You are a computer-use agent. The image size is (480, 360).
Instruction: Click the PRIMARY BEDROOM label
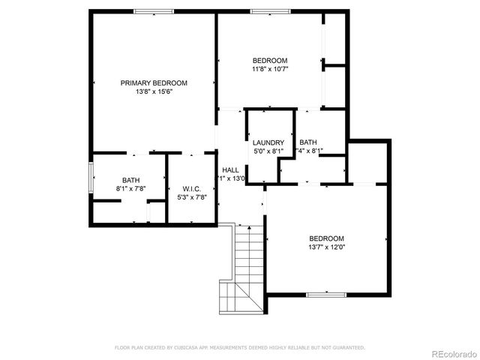pyautogui.click(x=154, y=82)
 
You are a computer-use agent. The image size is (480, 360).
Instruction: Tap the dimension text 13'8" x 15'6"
pyautogui.click(x=154, y=92)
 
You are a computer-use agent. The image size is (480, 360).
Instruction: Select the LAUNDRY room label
pyautogui.click(x=268, y=142)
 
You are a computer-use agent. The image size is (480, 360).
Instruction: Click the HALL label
pyautogui.click(x=230, y=170)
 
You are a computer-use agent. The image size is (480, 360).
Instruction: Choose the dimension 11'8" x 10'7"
pyautogui.click(x=270, y=70)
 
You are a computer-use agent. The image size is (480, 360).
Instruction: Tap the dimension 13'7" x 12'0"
pyautogui.click(x=326, y=247)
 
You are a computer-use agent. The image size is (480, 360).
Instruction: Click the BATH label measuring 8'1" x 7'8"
pyautogui.click(x=131, y=180)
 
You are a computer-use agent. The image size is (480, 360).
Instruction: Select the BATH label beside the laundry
pyautogui.click(x=308, y=142)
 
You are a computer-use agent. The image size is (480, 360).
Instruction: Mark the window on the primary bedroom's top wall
pyautogui.click(x=154, y=11)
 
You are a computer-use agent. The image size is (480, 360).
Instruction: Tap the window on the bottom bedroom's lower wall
pyautogui.click(x=325, y=295)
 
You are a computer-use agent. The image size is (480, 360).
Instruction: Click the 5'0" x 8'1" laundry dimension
pyautogui.click(x=268, y=151)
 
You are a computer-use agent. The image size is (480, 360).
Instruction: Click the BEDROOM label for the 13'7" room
pyautogui.click(x=326, y=238)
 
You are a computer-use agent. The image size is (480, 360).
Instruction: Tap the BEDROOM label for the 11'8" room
pyautogui.click(x=270, y=61)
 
